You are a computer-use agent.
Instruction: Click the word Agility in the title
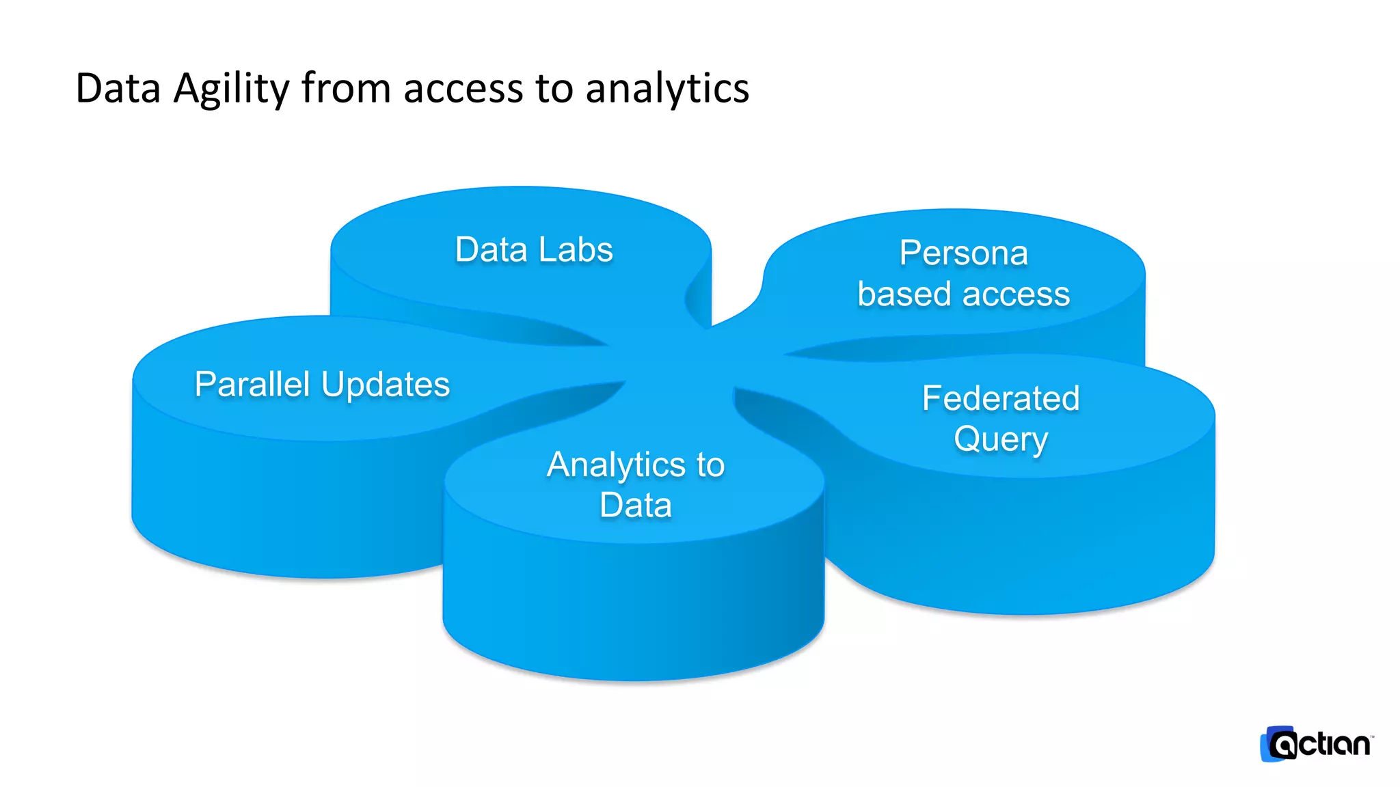231,89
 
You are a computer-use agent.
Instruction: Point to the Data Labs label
534,249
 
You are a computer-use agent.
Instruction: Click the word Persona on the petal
963,253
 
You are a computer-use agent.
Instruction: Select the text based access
963,294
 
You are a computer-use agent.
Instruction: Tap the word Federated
1001,398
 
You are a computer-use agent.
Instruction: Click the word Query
1001,439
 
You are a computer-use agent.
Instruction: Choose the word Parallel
253,384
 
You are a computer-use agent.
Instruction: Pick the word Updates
386,385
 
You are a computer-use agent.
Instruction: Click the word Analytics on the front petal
616,465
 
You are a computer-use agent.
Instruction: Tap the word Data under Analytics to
635,506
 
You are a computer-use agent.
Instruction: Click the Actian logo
1316,744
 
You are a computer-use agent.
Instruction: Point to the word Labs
575,249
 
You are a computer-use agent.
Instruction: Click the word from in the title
346,89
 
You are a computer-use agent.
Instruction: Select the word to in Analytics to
710,465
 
